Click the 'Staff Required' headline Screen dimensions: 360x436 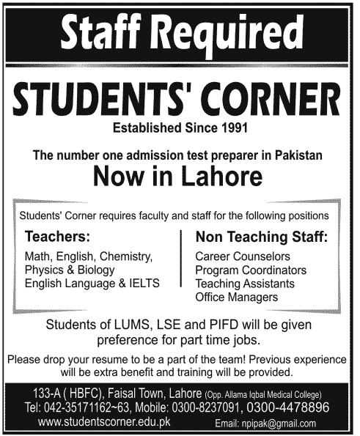180,33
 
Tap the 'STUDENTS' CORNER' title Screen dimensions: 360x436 180,100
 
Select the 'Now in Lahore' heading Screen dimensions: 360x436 180,177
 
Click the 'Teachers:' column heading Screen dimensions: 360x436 58,237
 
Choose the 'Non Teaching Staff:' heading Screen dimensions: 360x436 261,237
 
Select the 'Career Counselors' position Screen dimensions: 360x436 243,257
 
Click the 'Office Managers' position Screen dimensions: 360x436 236,297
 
